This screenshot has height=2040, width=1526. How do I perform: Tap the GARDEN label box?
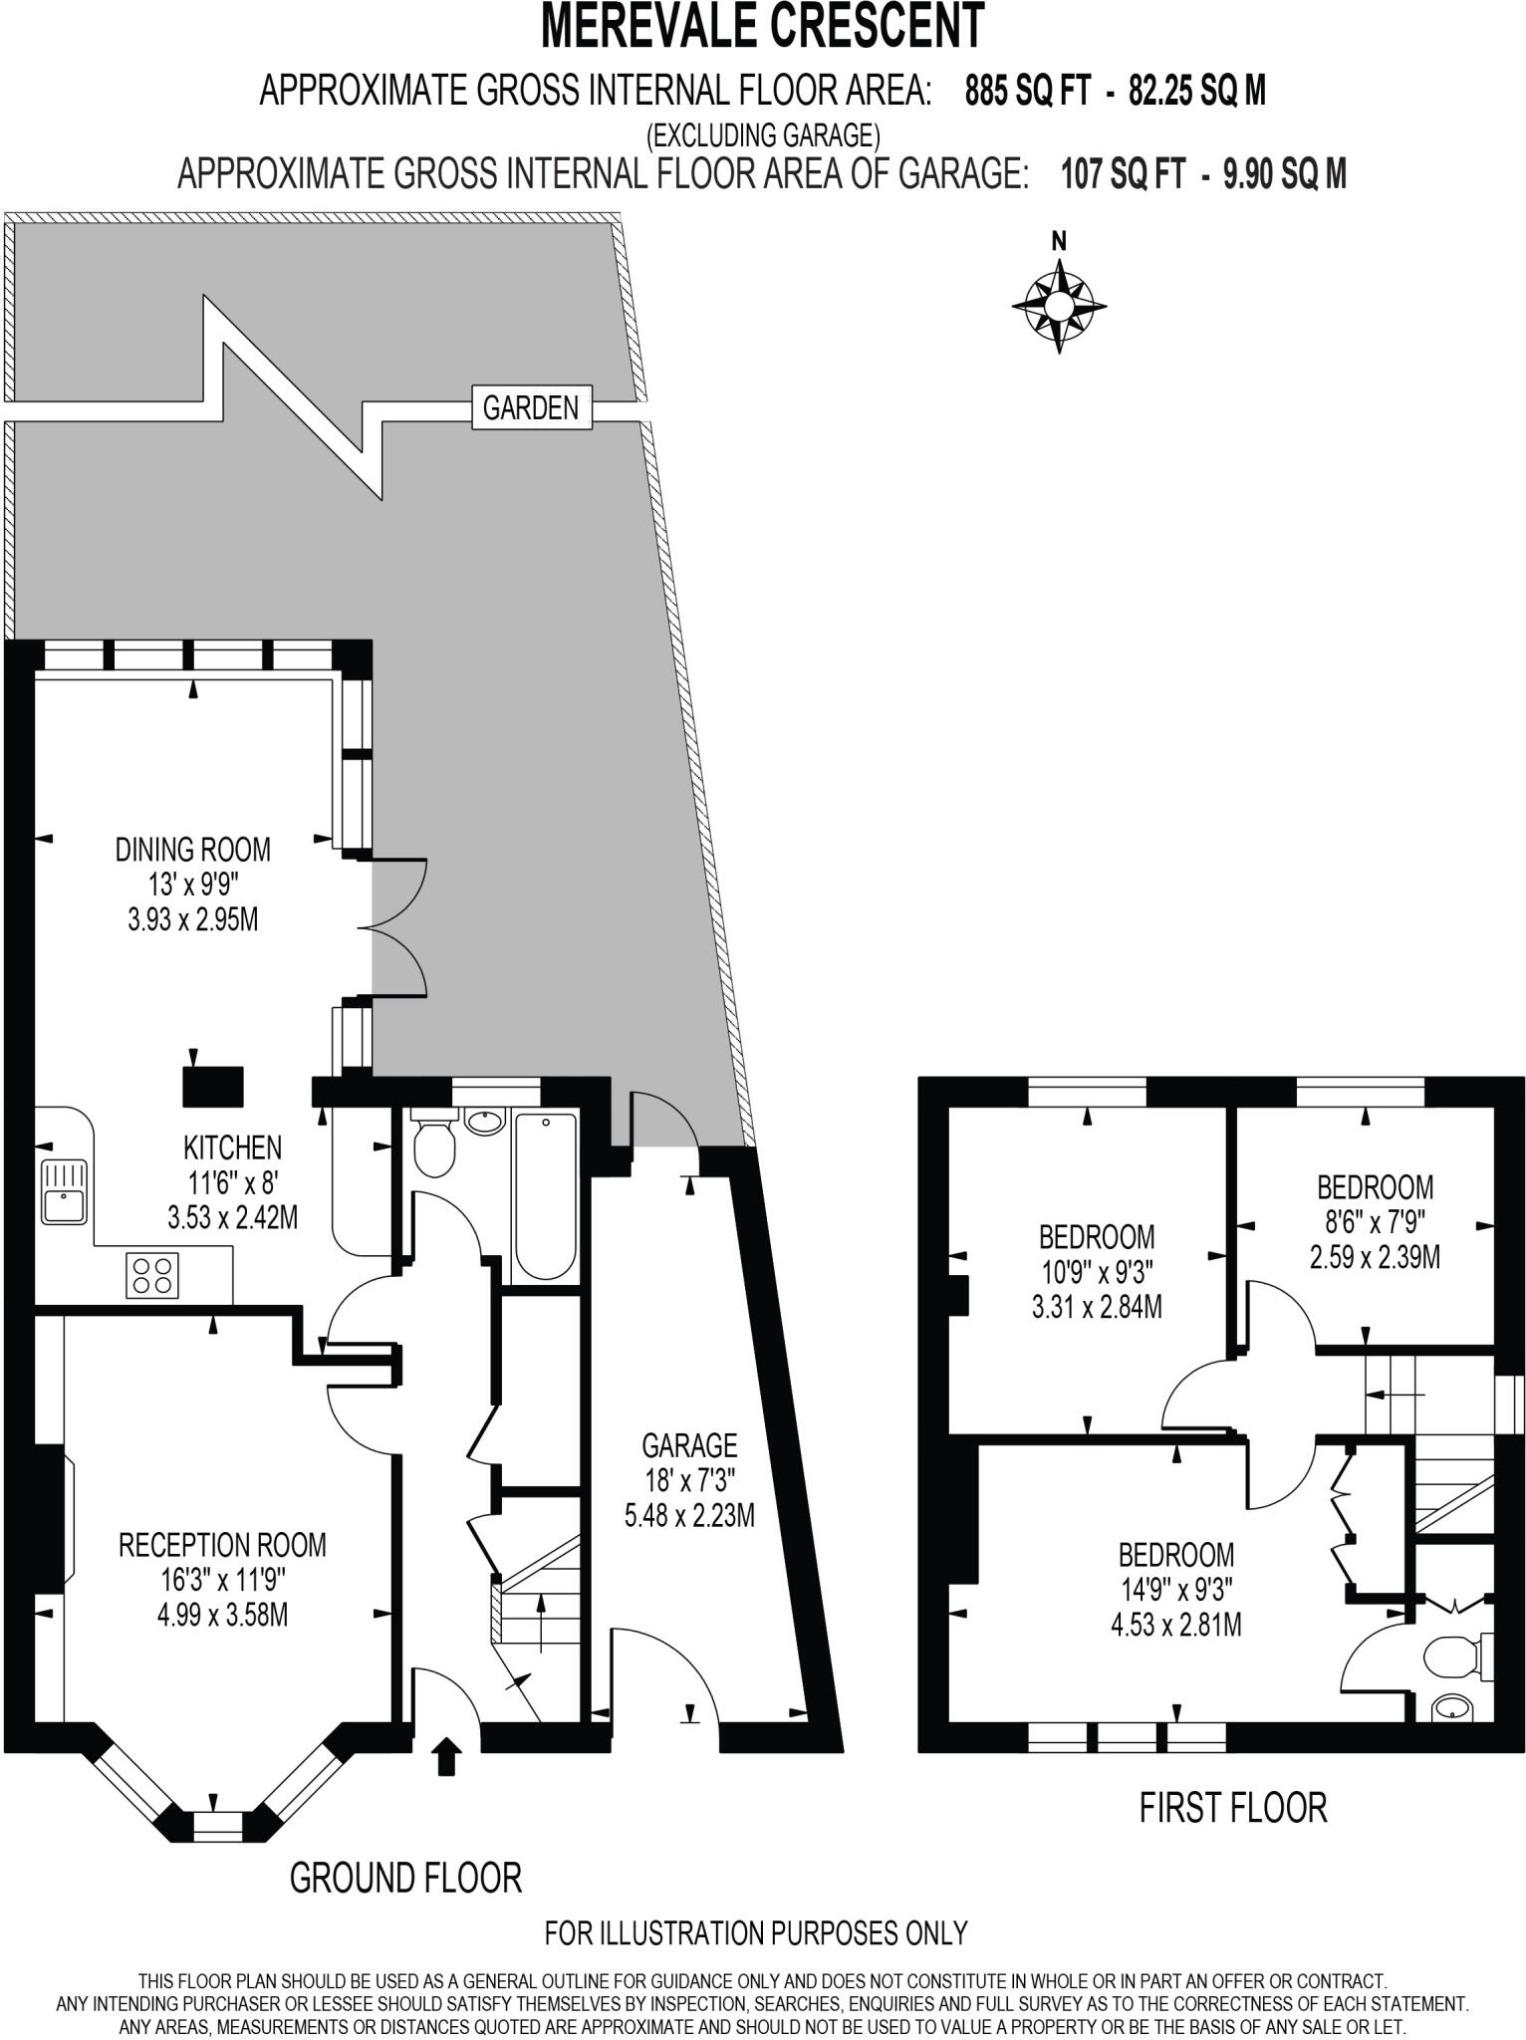pyautogui.click(x=530, y=407)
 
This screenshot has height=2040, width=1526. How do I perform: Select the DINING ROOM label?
pyautogui.click(x=193, y=850)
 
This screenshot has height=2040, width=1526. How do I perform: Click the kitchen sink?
pyautogui.click(x=63, y=1191)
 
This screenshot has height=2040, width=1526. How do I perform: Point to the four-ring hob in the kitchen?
pyautogui.click(x=152, y=1274)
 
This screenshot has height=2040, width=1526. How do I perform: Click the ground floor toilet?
pyautogui.click(x=433, y=1147)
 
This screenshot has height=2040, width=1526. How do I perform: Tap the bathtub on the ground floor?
pyautogui.click(x=545, y=1195)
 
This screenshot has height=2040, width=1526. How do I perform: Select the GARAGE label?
pyautogui.click(x=689, y=1444)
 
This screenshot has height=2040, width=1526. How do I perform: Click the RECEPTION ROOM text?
pyautogui.click(x=222, y=1545)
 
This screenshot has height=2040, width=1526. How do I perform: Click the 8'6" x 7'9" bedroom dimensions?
pyautogui.click(x=1375, y=1222)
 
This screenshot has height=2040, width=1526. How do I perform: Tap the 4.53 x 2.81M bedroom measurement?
pyautogui.click(x=1175, y=1625)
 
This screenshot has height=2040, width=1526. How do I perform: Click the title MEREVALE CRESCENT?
pyautogui.click(x=763, y=27)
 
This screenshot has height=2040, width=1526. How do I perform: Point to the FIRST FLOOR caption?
pyautogui.click(x=1233, y=1807)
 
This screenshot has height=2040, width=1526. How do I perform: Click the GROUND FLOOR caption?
pyautogui.click(x=405, y=1878)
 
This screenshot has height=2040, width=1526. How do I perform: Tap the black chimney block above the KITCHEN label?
pyautogui.click(x=213, y=1086)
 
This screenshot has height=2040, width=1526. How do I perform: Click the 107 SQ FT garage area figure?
pyautogui.click(x=1123, y=175)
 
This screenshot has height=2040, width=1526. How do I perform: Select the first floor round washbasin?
pyautogui.click(x=1452, y=1711)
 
